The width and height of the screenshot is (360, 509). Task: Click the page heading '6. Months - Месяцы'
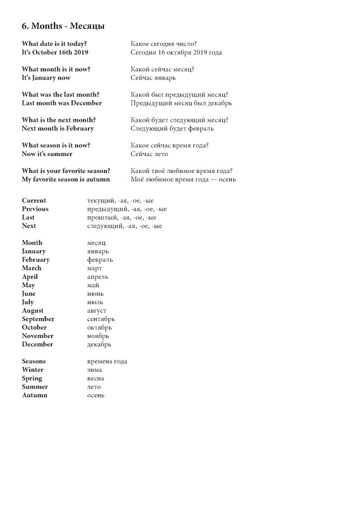tap(63, 26)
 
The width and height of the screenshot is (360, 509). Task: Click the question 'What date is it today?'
tap(57, 44)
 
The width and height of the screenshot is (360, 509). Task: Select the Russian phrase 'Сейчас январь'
tap(153, 78)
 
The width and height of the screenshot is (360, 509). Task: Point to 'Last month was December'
tap(62, 103)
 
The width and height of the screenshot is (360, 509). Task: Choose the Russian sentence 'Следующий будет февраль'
tap(172, 128)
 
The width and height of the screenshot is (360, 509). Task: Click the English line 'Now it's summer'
tap(47, 154)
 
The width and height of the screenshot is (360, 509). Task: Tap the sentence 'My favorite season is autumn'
tap(66, 179)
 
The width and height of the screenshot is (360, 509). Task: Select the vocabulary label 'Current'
tap(34, 200)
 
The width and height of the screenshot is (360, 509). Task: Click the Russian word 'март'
tap(94, 268)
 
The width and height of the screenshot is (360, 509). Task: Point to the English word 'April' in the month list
tap(30, 276)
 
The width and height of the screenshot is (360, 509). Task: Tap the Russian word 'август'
tap(97, 311)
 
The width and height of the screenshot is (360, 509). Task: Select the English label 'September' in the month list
tap(38, 319)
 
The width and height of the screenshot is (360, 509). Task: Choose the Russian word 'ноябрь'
tap(98, 336)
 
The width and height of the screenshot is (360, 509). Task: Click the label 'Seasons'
tap(34, 361)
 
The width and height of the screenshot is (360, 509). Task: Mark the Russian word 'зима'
tap(94, 369)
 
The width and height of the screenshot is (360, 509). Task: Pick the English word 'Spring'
tap(32, 378)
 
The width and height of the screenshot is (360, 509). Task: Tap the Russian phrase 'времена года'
tap(107, 361)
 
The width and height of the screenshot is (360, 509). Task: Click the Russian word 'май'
tap(93, 285)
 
